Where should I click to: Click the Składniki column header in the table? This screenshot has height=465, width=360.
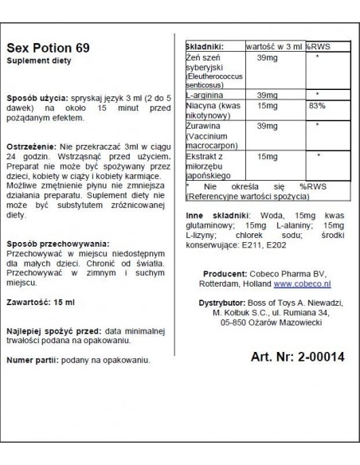tap(205, 47)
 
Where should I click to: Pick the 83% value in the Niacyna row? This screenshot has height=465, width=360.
tap(319, 105)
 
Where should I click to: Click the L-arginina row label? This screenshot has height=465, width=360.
tap(205, 94)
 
